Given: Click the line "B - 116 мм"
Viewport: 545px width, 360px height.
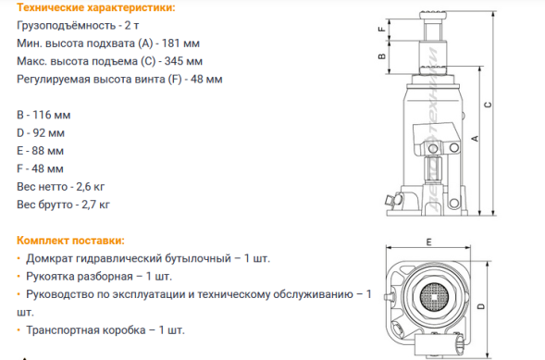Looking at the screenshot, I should [43, 115].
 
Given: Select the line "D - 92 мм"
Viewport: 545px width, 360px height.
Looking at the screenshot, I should [41, 132].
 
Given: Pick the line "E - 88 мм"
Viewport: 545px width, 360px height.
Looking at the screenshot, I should [40, 150].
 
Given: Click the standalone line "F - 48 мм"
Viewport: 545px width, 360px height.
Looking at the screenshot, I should [40, 168].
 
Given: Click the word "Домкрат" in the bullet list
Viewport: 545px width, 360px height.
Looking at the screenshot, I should [50, 258].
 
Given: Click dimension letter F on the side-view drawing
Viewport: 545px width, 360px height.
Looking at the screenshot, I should [381, 29].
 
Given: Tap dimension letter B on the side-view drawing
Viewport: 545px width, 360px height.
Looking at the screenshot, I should [381, 56].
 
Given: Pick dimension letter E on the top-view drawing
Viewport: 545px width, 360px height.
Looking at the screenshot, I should [430, 242].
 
